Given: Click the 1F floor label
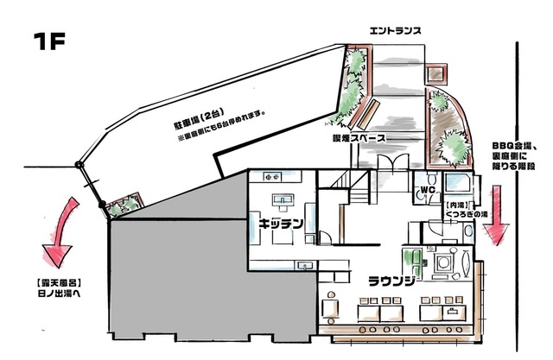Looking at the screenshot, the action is click(x=49, y=41).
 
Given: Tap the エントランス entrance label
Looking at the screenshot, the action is click(x=395, y=31).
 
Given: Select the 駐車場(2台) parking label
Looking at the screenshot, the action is click(x=200, y=120).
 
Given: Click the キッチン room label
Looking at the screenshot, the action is click(x=281, y=224).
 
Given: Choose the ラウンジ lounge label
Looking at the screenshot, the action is click(x=391, y=281).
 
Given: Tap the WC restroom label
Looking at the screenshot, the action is click(x=428, y=190).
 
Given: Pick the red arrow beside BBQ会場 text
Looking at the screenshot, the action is click(x=496, y=215).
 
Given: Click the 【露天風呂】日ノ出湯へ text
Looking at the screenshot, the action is click(x=59, y=288).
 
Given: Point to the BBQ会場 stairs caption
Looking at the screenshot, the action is click(x=514, y=155).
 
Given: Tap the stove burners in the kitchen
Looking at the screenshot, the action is click(x=272, y=177).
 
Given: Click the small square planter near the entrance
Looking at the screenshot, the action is click(x=435, y=74).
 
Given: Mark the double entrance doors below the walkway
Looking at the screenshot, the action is click(x=393, y=163).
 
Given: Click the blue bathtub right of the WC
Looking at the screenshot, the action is click(x=457, y=182).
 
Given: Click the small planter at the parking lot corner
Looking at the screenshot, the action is click(x=124, y=205).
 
